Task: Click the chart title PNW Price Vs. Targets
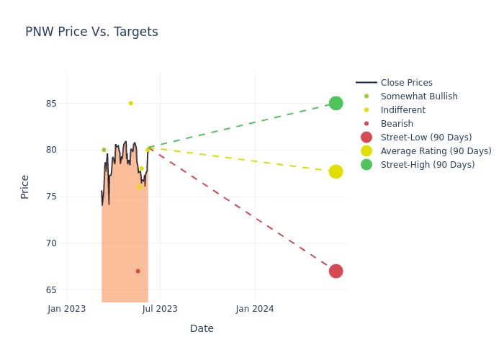91,32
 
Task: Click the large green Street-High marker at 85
336,103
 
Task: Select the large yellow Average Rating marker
336,171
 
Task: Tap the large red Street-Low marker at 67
336,271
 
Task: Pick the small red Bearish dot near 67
138,271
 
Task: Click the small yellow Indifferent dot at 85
130,103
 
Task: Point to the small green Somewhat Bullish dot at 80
104,150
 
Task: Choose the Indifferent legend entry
402,110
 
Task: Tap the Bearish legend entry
397,124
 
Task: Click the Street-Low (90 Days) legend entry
426,138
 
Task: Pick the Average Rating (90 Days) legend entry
436,151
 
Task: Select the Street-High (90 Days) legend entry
428,165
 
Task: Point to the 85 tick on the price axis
50,103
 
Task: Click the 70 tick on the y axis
50,243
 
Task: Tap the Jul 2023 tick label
160,309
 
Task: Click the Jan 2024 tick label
254,309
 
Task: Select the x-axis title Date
202,328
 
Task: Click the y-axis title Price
25,186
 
